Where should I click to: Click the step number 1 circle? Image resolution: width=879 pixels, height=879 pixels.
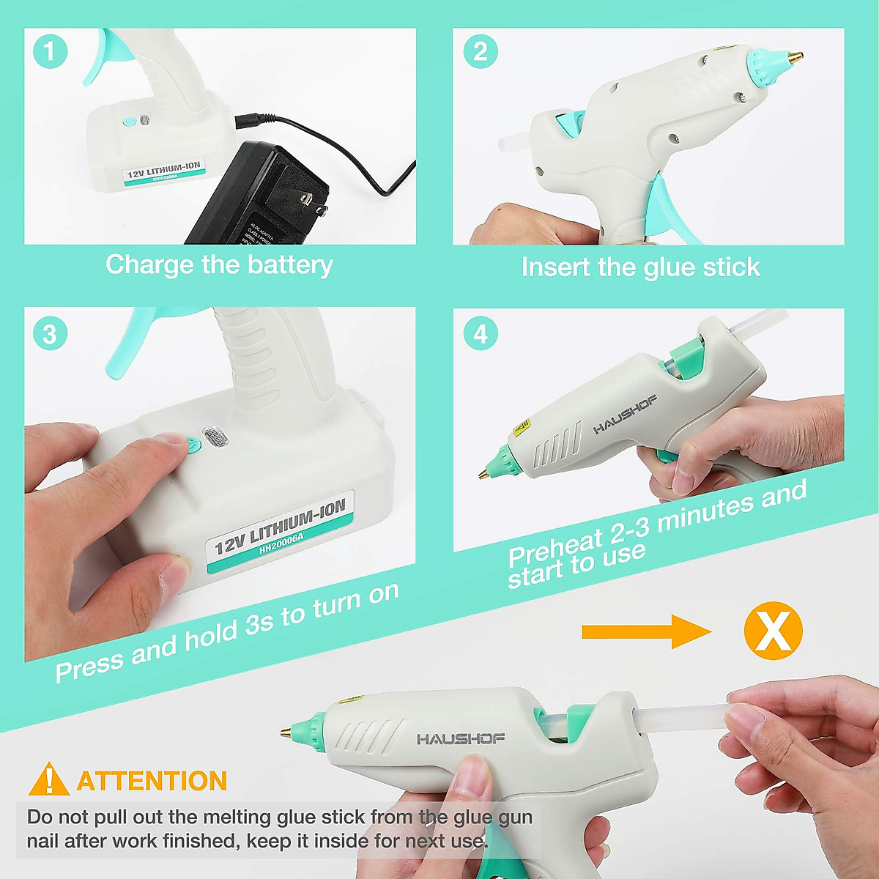(x=50, y=52)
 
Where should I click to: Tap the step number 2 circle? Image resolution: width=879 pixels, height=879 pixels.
(x=481, y=52)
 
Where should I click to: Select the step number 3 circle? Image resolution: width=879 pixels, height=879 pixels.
(x=50, y=334)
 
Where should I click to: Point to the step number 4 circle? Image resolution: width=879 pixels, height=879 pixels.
(x=481, y=334)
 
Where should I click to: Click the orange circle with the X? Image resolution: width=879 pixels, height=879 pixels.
(x=773, y=631)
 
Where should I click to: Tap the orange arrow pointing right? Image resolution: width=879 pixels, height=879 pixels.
(x=645, y=631)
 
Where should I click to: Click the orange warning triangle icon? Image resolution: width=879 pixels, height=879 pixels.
(x=48, y=780)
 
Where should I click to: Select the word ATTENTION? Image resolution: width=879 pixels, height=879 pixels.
(x=152, y=781)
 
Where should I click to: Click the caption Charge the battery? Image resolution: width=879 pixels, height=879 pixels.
(x=219, y=264)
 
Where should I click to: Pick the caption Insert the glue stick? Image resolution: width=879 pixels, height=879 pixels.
(x=640, y=267)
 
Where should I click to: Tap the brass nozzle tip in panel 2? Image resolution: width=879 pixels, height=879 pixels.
(x=793, y=56)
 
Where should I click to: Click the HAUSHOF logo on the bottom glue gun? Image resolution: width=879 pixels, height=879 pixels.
(x=461, y=738)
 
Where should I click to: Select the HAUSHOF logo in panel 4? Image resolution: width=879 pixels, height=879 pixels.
(x=624, y=415)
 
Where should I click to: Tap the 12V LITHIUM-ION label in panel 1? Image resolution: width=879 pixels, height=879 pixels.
(x=163, y=171)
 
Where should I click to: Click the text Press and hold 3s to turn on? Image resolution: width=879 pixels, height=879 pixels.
(x=227, y=631)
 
